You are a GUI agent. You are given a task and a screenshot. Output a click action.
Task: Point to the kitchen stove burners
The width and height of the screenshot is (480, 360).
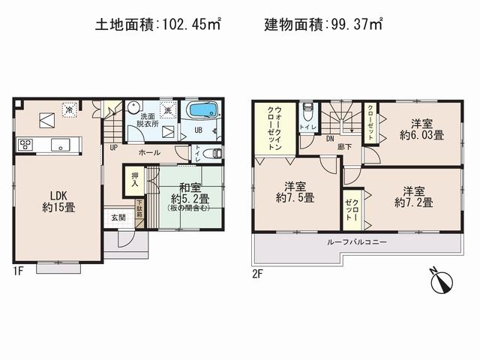(x=23, y=144)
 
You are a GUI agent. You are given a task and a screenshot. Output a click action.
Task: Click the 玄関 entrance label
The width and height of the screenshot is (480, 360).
(x=119, y=217)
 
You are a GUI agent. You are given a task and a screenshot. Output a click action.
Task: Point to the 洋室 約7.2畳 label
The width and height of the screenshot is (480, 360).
(x=413, y=196)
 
